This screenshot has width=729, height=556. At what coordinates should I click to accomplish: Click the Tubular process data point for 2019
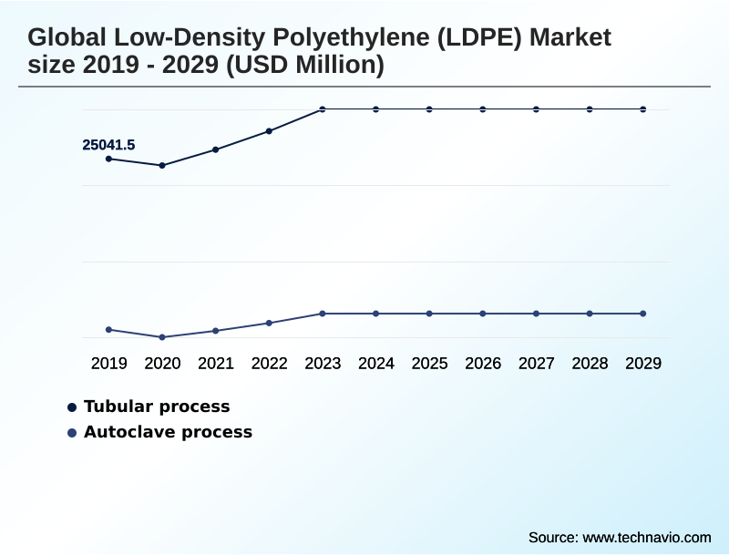[x=109, y=159]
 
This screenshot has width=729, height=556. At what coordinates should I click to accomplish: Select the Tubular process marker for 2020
[x=162, y=165]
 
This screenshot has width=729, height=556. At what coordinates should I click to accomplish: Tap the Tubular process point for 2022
[x=269, y=131]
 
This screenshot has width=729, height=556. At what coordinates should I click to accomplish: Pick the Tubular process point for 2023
[x=323, y=109]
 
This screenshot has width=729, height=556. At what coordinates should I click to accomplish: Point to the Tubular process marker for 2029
[x=643, y=109]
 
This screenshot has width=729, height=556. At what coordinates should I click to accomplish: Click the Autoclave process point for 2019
[x=109, y=329]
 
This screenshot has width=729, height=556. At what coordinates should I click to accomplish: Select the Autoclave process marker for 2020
[x=162, y=337]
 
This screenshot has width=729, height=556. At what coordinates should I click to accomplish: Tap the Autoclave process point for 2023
[x=323, y=314]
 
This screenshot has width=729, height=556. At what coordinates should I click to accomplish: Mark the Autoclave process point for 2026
[x=483, y=314]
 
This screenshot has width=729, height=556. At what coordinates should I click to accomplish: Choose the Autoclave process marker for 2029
[x=643, y=314]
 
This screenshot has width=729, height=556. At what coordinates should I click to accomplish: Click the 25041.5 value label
[x=108, y=144]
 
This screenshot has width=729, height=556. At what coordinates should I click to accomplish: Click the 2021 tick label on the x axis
[x=216, y=364]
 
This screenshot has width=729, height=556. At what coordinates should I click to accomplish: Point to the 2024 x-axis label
[x=376, y=364]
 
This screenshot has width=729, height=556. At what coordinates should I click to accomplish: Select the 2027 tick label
[x=537, y=364]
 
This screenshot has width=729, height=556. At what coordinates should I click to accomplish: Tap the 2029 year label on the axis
[x=643, y=364]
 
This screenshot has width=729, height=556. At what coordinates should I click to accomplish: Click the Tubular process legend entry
[x=156, y=407]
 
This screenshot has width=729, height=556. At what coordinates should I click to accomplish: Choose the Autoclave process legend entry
[x=168, y=432]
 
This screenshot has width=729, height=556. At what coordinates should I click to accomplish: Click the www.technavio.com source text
[x=646, y=537]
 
